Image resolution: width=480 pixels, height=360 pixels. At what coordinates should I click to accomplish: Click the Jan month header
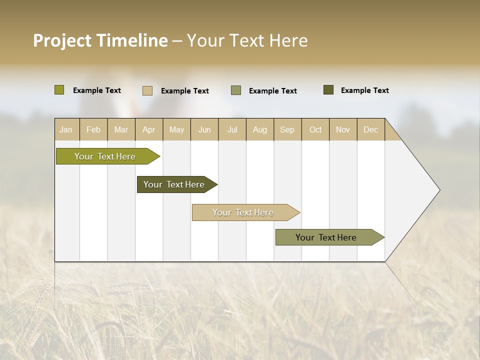[66, 129]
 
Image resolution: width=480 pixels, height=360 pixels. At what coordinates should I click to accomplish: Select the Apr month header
[148, 129]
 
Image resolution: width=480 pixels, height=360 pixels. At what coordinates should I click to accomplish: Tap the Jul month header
[232, 129]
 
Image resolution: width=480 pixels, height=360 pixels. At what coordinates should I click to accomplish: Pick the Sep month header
[287, 129]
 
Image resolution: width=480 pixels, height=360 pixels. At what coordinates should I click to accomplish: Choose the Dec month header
[370, 129]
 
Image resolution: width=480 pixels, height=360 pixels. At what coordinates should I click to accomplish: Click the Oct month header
[315, 129]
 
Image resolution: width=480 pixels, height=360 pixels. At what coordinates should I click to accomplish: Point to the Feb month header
[93, 129]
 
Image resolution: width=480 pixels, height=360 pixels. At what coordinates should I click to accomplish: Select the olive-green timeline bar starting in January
[105, 156]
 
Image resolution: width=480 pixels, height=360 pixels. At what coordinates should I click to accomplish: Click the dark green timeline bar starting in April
[174, 184]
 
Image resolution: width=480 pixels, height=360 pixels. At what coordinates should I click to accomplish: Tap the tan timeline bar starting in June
[243, 212]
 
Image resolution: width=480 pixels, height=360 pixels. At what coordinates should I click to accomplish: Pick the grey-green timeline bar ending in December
[326, 237]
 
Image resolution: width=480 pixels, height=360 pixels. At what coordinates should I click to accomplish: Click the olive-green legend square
[59, 90]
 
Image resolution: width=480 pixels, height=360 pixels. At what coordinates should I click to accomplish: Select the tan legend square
[147, 90]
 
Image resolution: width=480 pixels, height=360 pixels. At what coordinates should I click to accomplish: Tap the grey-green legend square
[236, 90]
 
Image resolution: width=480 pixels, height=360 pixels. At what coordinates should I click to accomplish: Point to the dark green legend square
[328, 90]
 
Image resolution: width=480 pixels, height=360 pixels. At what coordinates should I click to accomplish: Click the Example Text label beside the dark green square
[364, 90]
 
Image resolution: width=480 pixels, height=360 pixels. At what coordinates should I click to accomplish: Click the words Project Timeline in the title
[100, 40]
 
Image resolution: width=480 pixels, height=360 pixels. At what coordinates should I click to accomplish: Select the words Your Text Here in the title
[247, 40]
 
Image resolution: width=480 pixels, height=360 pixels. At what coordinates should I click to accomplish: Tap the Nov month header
[343, 129]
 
